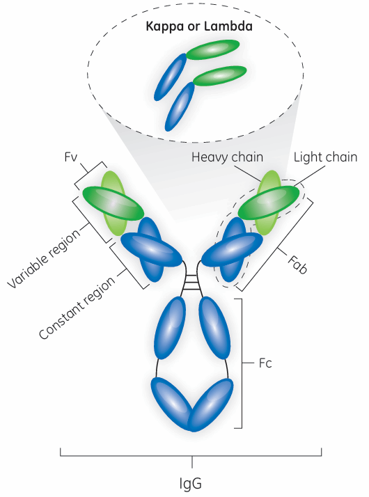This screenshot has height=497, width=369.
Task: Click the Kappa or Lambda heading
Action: tap(199, 26)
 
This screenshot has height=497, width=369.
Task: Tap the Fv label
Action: tap(71, 157)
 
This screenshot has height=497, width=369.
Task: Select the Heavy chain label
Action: tap(227, 157)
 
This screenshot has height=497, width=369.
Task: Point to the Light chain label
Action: tap(325, 157)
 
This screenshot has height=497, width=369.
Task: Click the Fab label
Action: tap(297, 264)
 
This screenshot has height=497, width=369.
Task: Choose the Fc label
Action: tap(265, 363)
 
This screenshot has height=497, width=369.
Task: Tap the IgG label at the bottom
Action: tap(191, 484)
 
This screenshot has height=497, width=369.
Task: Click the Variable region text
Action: tap(44, 258)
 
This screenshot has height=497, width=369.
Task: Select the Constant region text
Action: tap(77, 308)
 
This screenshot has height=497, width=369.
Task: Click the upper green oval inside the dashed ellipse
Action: tap(213, 49)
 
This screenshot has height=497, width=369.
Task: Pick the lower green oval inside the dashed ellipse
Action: tap(220, 76)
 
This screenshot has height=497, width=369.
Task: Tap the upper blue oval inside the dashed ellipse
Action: tap(171, 77)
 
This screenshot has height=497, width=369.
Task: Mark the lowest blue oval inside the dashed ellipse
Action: tap(180, 106)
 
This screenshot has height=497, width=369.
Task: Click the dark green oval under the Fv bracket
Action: tap(113, 203)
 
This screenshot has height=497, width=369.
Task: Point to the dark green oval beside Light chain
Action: tap(269, 203)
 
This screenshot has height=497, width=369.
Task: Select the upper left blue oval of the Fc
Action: tap(170, 328)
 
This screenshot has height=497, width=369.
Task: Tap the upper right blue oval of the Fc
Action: tap(214, 328)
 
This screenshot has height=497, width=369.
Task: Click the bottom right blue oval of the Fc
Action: tap(211, 404)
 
